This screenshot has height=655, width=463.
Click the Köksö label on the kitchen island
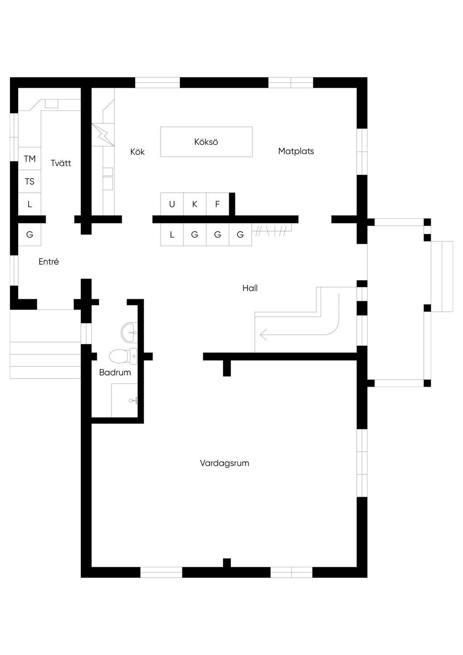[x=206, y=142]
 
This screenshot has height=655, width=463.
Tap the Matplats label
[x=296, y=151]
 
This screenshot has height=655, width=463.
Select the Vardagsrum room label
[x=224, y=463]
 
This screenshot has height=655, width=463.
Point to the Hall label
[x=250, y=288]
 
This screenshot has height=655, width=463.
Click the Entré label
[x=49, y=261]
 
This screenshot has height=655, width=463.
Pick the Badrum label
[x=115, y=372]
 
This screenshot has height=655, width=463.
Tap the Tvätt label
[x=61, y=163]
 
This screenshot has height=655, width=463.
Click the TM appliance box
[x=29, y=158]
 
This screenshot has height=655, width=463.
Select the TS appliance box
[x=29, y=181]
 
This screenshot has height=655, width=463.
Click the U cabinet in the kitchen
[x=172, y=204]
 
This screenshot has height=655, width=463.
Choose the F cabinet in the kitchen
[x=217, y=204]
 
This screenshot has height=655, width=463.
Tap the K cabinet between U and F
[x=195, y=204]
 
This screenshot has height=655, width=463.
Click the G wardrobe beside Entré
[x=29, y=234]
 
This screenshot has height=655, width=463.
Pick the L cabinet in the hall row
[x=172, y=234]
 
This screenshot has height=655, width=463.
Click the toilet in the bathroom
[x=123, y=356]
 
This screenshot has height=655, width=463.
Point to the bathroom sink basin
[x=129, y=332]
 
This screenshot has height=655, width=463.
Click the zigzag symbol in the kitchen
[x=103, y=135]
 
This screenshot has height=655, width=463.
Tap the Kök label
[x=137, y=152]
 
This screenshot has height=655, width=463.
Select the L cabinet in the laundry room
[x=29, y=204]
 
